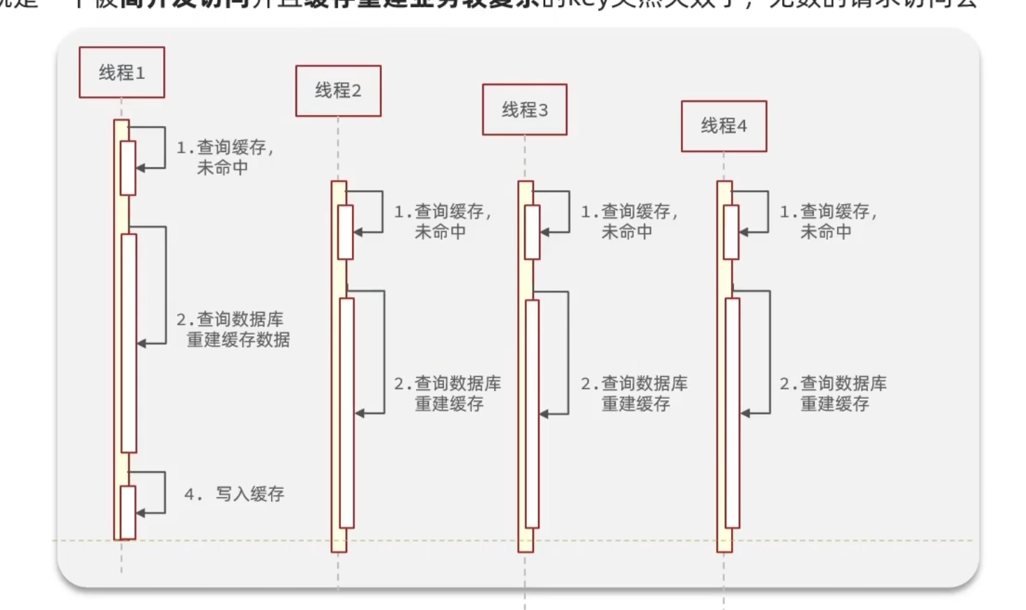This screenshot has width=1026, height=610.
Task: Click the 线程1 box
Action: (x=122, y=73)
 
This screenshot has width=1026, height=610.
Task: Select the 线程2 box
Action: (x=338, y=91)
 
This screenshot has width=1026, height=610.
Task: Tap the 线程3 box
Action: (x=525, y=109)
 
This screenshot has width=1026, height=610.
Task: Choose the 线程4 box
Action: (x=723, y=126)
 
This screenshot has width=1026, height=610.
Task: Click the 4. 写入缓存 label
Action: (x=234, y=494)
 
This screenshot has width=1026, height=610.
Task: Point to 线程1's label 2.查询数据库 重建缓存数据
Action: (x=233, y=330)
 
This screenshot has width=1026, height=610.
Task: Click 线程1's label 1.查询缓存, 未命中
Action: (x=224, y=158)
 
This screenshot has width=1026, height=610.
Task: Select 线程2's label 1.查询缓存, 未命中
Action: (x=443, y=222)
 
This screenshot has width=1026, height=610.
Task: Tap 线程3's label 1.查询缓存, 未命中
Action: (x=629, y=222)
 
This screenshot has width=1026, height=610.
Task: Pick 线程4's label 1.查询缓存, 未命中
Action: (x=828, y=222)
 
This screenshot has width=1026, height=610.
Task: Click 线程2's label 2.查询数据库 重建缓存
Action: (x=447, y=393)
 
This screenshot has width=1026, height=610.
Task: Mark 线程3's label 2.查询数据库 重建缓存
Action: (x=634, y=393)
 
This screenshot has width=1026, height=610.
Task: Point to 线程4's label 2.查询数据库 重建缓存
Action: (x=833, y=393)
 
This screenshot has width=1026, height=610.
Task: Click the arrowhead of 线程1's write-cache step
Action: (x=141, y=513)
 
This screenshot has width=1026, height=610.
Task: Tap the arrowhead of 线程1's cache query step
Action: (x=141, y=168)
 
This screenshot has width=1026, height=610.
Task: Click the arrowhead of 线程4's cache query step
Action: (x=744, y=232)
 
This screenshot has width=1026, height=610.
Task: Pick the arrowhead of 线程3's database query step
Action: (x=544, y=414)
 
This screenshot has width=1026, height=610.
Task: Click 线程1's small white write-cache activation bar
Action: (x=128, y=512)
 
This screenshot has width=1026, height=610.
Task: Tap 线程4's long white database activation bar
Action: (x=732, y=413)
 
